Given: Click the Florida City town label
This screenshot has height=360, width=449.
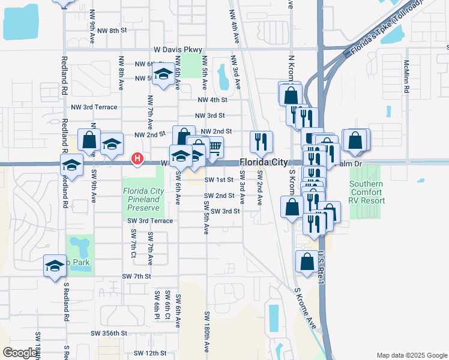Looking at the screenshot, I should [264, 162].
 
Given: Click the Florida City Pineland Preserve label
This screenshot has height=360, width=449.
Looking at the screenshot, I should [143, 200].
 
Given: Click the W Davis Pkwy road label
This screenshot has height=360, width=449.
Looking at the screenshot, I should [178, 50].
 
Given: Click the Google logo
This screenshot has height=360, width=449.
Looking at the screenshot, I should [20, 353].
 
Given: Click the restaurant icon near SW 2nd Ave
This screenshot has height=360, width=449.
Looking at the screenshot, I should [261, 142].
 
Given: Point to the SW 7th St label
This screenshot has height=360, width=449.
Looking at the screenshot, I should [136, 276].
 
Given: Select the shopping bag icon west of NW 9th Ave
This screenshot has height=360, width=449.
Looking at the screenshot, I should [89, 140].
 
